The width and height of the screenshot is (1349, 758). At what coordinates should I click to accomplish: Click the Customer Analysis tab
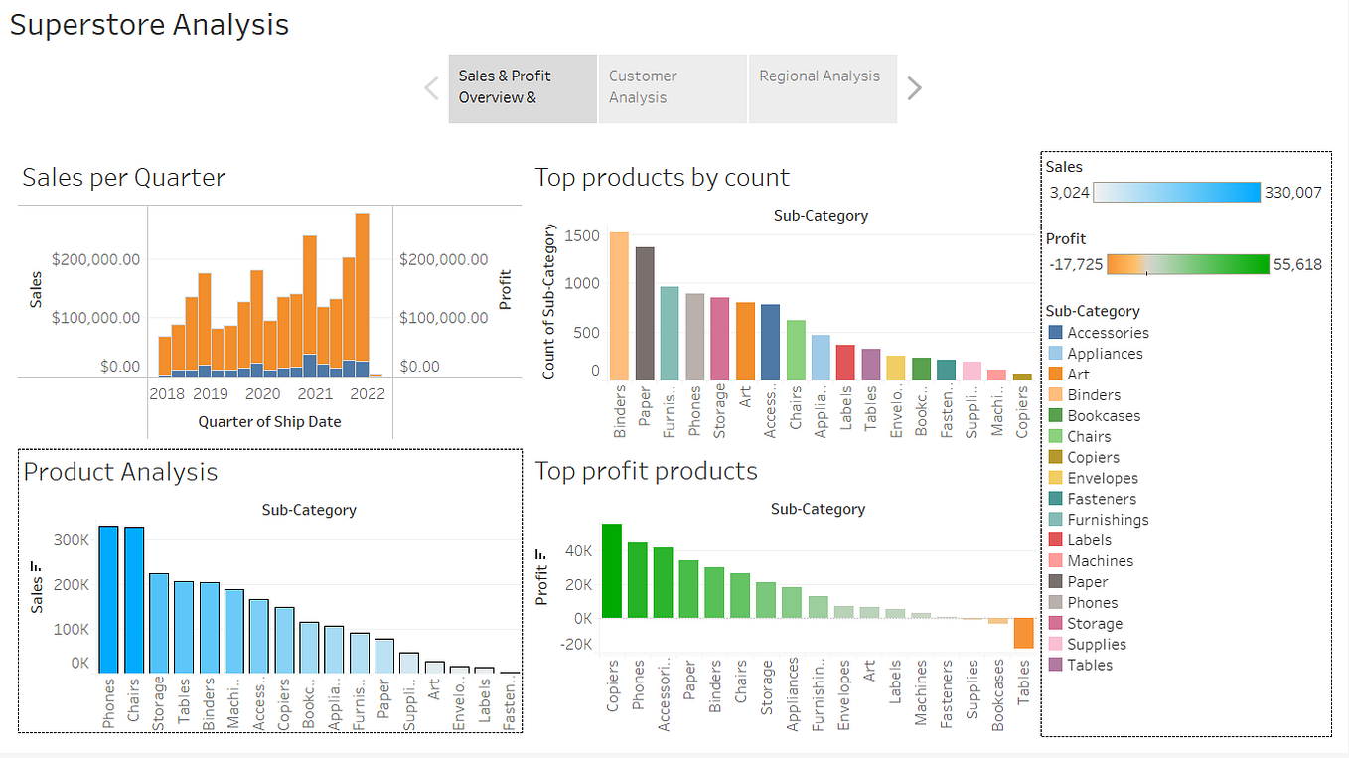(673, 87)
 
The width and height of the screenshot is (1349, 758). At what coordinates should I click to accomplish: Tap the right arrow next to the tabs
(915, 88)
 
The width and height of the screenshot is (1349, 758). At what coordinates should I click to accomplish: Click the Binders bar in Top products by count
(619, 306)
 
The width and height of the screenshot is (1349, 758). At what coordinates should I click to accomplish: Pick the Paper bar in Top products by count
(645, 313)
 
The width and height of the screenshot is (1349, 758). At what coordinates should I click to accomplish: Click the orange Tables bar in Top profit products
(1024, 633)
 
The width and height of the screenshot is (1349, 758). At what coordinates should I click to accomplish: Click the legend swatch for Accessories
(1055, 333)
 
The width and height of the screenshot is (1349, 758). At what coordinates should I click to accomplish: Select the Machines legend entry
(1100, 561)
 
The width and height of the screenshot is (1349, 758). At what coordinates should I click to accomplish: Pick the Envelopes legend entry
(1102, 478)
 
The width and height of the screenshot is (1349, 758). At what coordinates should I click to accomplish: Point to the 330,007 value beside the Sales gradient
(1292, 193)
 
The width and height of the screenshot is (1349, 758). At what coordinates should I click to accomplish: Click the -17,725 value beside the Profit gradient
(1075, 265)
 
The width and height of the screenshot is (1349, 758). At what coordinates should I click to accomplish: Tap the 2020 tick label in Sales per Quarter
(262, 393)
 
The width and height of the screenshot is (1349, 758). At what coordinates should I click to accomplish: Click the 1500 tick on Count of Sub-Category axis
(582, 235)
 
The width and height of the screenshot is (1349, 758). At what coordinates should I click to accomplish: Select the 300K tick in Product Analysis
(72, 540)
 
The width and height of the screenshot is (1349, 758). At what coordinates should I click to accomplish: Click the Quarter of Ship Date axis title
(269, 422)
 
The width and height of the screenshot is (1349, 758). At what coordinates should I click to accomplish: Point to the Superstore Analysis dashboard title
(150, 25)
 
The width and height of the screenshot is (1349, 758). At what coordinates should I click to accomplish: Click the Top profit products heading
(646, 471)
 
